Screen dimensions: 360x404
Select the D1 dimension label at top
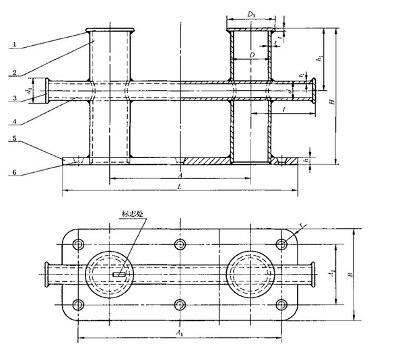tap(250, 14)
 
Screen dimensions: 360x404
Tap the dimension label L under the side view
tap(179, 186)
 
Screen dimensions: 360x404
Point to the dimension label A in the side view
tap(179, 172)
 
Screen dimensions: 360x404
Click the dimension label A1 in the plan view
tap(178, 333)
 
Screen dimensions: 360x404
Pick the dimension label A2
tap(331, 274)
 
